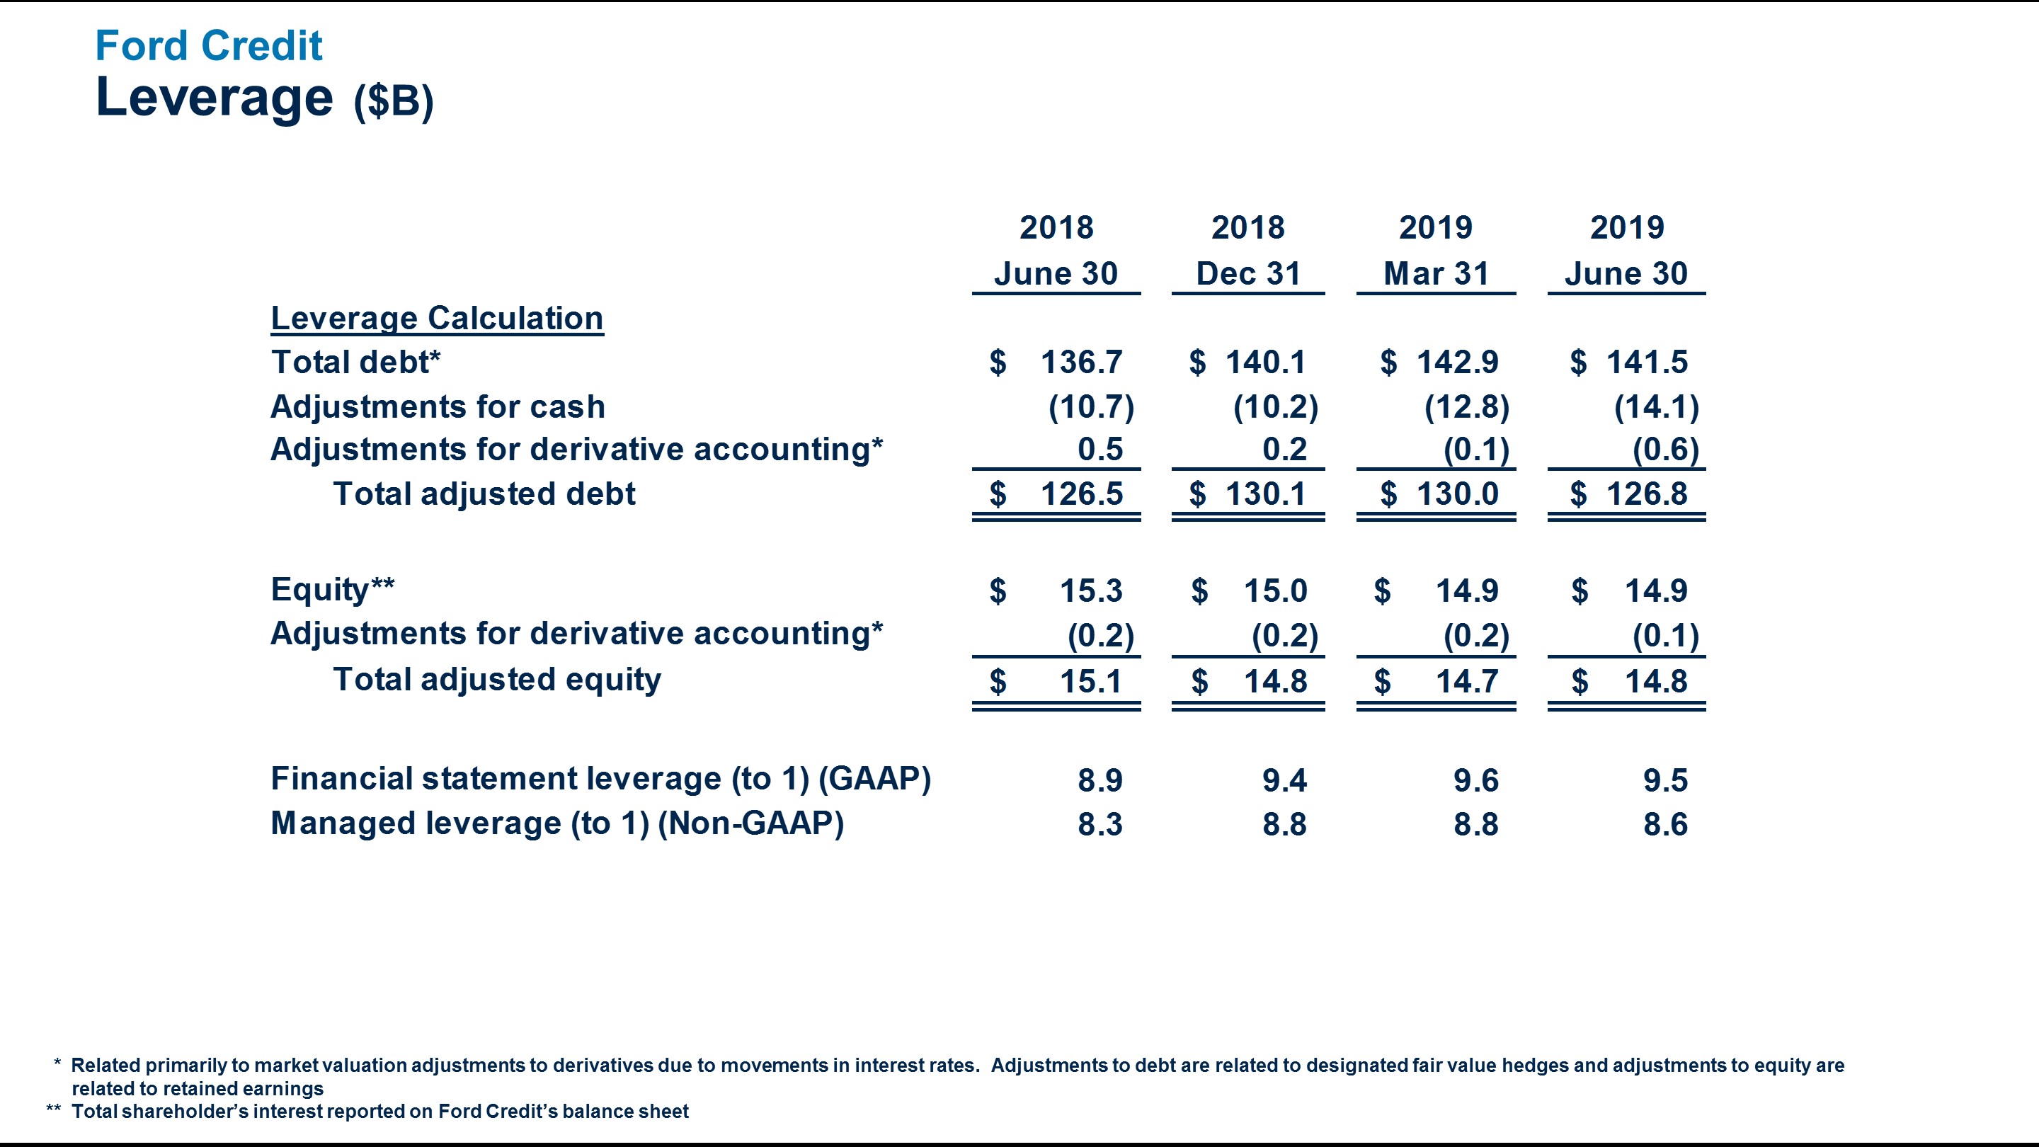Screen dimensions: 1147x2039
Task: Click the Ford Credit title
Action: tap(208, 46)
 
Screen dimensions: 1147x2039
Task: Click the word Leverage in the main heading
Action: tap(214, 98)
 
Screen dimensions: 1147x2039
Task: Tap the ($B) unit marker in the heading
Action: tap(394, 101)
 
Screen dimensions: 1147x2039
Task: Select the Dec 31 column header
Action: tap(1247, 274)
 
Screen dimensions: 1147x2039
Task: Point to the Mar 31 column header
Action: tap(1436, 274)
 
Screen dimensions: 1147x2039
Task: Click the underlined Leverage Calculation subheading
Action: tap(437, 318)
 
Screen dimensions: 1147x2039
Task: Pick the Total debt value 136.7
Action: tap(1080, 363)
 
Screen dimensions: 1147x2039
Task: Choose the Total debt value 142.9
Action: tap(1457, 363)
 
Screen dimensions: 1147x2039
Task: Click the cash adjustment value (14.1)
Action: tap(1656, 407)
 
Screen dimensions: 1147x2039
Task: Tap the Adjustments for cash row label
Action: tap(438, 407)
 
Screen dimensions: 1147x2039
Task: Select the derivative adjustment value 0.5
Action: tap(1100, 450)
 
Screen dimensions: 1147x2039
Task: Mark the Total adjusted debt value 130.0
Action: tap(1457, 494)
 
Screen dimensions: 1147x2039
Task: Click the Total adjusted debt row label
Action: tap(484, 494)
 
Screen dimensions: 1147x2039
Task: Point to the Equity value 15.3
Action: tap(1091, 590)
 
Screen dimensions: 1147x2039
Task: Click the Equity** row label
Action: tap(333, 590)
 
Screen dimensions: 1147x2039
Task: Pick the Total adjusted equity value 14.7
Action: tap(1467, 682)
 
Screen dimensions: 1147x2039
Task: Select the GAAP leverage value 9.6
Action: tap(1475, 780)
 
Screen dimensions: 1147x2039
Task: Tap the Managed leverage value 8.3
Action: tap(1100, 825)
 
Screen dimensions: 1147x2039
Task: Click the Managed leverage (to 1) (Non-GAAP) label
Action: tap(557, 823)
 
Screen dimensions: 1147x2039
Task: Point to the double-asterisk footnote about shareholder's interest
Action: tap(380, 1112)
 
